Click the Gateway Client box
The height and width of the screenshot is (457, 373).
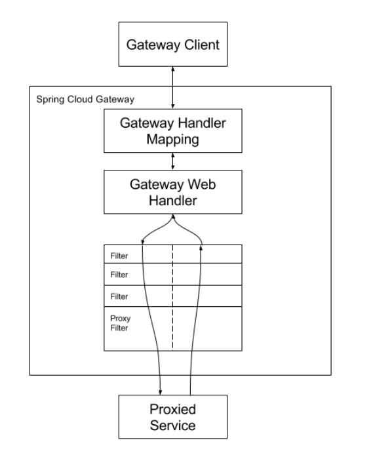pyautogui.click(x=173, y=44)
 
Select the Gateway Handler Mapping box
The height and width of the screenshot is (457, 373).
pyautogui.click(x=173, y=131)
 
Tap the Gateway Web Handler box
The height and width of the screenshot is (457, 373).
pyautogui.click(x=173, y=192)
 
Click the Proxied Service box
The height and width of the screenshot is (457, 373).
pyautogui.click(x=173, y=417)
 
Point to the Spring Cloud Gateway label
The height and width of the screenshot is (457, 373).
pyautogui.click(x=85, y=100)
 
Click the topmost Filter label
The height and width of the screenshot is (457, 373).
pyautogui.click(x=119, y=256)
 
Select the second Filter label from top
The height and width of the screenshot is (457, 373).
pyautogui.click(x=119, y=275)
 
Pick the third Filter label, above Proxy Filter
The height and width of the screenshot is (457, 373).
pyautogui.click(x=119, y=296)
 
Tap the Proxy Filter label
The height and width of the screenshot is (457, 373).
pyautogui.click(x=121, y=323)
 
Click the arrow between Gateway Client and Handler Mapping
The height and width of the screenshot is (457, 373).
pyautogui.click(x=173, y=88)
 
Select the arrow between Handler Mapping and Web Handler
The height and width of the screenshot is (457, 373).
pyautogui.click(x=173, y=161)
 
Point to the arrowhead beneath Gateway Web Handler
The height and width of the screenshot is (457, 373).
pyautogui.click(x=173, y=216)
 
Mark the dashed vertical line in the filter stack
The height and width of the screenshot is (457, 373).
pyautogui.click(x=172, y=298)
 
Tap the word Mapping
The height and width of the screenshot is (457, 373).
pyautogui.click(x=172, y=140)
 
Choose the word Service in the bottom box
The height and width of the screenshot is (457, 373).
pyautogui.click(x=172, y=426)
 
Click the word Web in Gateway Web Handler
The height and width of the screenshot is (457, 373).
pyautogui.click(x=202, y=184)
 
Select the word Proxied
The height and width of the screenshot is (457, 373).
pyautogui.click(x=172, y=409)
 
